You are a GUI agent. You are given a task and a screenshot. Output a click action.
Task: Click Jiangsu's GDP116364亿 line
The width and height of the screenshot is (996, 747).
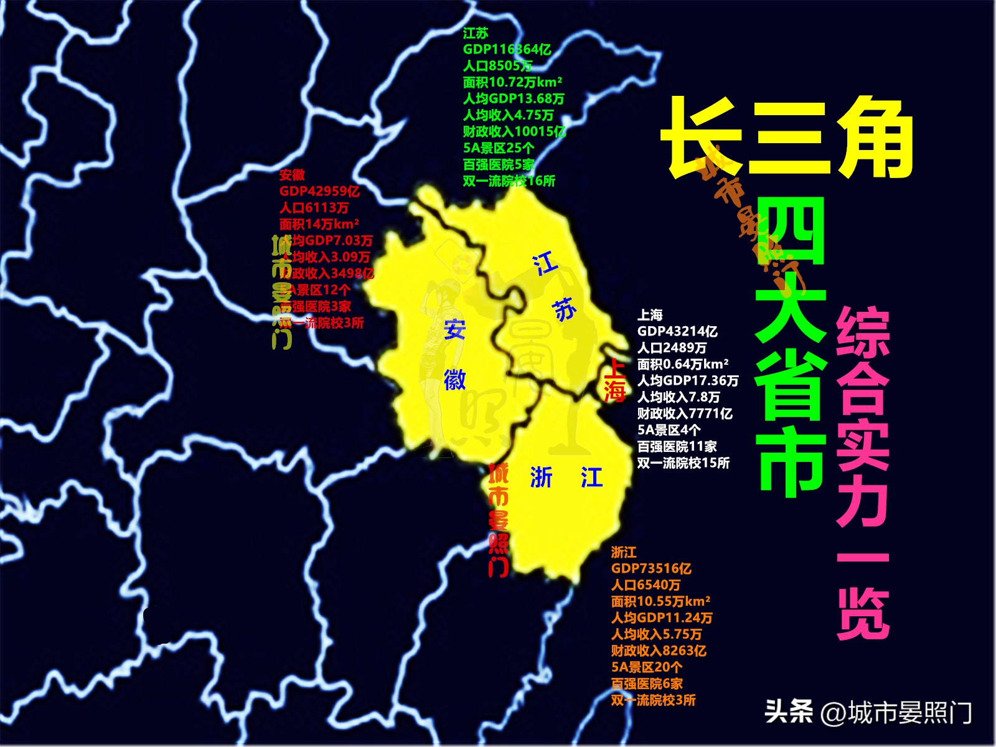click(x=507, y=50)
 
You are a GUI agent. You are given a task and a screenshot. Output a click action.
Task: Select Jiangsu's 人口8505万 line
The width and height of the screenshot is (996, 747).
click(x=497, y=66)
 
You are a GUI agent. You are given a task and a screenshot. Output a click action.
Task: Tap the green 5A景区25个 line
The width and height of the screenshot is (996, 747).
click(x=498, y=148)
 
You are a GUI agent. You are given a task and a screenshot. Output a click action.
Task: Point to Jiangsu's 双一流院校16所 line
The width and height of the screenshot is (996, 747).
click(x=509, y=181)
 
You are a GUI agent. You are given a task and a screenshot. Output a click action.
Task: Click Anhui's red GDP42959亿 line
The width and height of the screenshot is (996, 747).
click(x=319, y=192)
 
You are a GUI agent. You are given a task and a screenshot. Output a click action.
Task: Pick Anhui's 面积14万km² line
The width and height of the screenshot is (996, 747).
click(x=319, y=224)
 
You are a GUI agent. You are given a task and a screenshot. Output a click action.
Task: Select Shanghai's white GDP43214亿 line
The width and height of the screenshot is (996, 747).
click(x=677, y=332)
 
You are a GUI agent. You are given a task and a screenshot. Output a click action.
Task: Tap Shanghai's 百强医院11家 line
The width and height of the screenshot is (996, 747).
click(x=677, y=446)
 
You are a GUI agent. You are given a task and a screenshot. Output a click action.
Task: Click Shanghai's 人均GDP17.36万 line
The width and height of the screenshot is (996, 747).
click(x=687, y=380)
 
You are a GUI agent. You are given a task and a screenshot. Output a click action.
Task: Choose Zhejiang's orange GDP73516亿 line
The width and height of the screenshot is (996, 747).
click(x=651, y=568)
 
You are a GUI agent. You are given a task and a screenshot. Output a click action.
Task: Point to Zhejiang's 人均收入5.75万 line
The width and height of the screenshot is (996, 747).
click(x=656, y=634)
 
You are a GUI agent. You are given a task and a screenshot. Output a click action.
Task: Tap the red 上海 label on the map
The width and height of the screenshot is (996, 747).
click(x=614, y=380)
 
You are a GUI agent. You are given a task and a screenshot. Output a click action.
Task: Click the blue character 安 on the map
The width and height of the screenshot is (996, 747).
click(x=454, y=329)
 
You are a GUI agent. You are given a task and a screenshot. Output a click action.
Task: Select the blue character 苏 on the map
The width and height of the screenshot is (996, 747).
click(x=564, y=309)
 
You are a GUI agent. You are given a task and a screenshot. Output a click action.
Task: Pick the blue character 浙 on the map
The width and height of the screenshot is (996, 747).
click(x=541, y=477)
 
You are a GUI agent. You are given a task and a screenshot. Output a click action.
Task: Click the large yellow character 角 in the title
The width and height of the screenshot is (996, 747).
click(x=874, y=138)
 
